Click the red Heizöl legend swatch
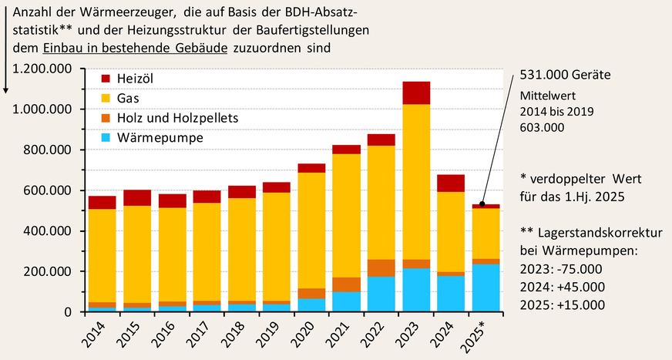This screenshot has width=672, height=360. point(106,79)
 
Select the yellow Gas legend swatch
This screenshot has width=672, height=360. point(106,99)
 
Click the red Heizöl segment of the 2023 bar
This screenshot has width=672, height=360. point(415,93)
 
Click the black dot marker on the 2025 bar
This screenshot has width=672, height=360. point(482,204)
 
